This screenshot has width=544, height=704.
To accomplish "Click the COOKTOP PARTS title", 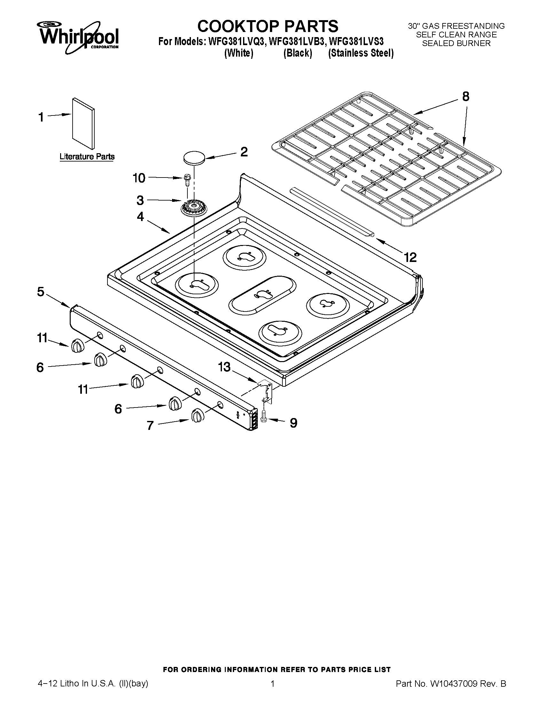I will tap(267, 26).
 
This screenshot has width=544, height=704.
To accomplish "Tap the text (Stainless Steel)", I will tap(361, 53).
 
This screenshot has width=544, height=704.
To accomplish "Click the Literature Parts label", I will tap(87, 157).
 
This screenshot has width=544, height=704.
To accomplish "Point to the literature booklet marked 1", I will tap(83, 124).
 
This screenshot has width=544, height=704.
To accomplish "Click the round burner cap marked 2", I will tap(194, 158).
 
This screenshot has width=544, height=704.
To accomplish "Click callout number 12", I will tap(410, 257).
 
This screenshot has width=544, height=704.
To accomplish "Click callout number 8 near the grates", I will tap(465, 96).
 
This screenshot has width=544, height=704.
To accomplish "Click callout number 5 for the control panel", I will tap(41, 292).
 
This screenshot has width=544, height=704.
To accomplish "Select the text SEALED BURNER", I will tap(456, 44).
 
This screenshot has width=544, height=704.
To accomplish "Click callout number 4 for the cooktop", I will tap(140, 217).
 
